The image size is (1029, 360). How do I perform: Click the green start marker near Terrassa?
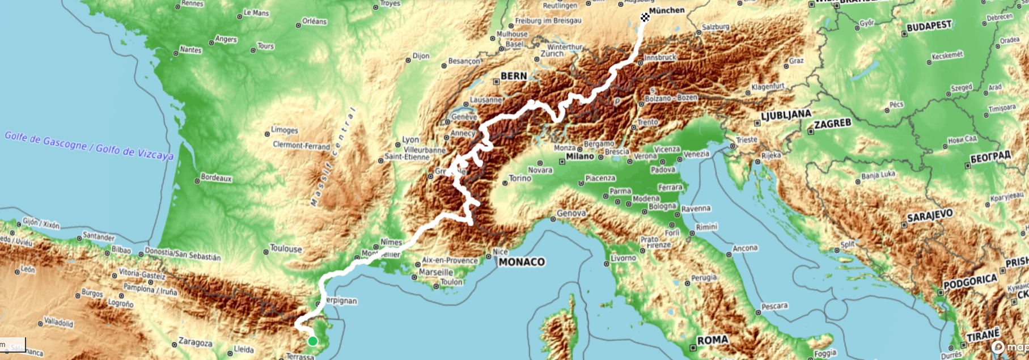point(312,341)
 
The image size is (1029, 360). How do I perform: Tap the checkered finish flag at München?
point(645,17)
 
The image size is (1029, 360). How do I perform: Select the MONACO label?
point(522,262)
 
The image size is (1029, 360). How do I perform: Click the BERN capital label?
point(514,76)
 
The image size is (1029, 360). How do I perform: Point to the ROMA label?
point(712,340)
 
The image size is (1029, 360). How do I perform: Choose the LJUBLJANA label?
point(786,115)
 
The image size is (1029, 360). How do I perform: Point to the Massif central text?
point(333,156)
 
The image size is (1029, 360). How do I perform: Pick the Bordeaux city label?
point(216,178)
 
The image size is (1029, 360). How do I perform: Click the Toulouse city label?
point(286,248)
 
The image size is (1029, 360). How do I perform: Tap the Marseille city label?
point(437,272)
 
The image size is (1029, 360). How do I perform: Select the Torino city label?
point(520,178)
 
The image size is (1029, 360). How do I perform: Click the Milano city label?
point(579,156)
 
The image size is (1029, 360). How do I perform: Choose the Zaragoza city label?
point(195,342)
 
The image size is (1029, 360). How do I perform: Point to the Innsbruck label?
point(660,57)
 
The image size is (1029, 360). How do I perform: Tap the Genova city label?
point(571,214)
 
